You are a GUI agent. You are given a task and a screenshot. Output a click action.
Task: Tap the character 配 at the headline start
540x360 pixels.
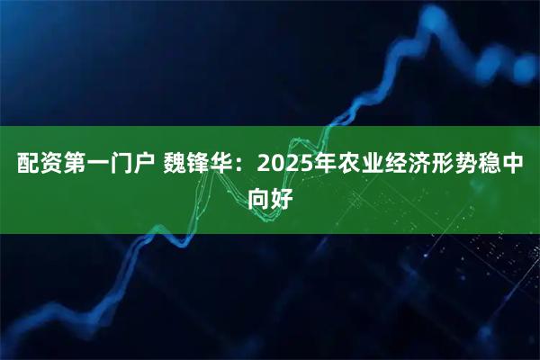coord(25,166)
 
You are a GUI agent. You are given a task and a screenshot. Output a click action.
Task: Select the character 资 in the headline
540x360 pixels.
coord(50,166)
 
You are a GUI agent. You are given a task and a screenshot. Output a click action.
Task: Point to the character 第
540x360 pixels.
coord(76,166)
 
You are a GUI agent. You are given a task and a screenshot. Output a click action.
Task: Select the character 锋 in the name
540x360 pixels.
coord(202,166)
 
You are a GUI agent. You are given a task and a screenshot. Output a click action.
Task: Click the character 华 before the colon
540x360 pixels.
coord(227,166)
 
